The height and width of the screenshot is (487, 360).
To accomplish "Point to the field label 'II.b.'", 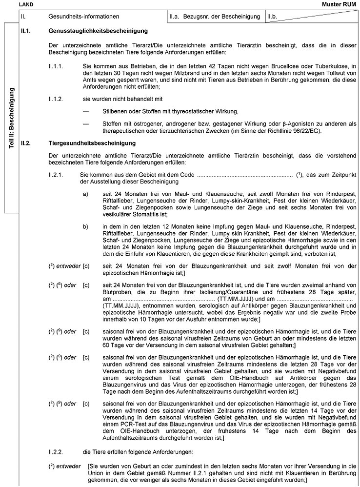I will (x=273, y=16).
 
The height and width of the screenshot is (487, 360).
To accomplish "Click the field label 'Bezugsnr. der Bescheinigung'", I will (x=221, y=16).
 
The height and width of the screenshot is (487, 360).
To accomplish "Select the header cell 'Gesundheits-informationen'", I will (x=84, y=16).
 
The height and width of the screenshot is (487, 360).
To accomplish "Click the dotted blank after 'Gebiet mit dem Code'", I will (x=246, y=175).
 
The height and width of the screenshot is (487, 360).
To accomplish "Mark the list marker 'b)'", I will (x=86, y=226).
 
